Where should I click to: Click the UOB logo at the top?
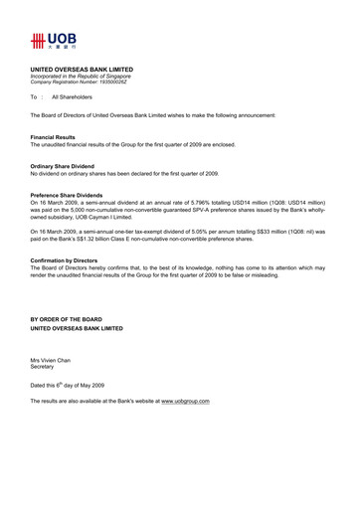(48, 43)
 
